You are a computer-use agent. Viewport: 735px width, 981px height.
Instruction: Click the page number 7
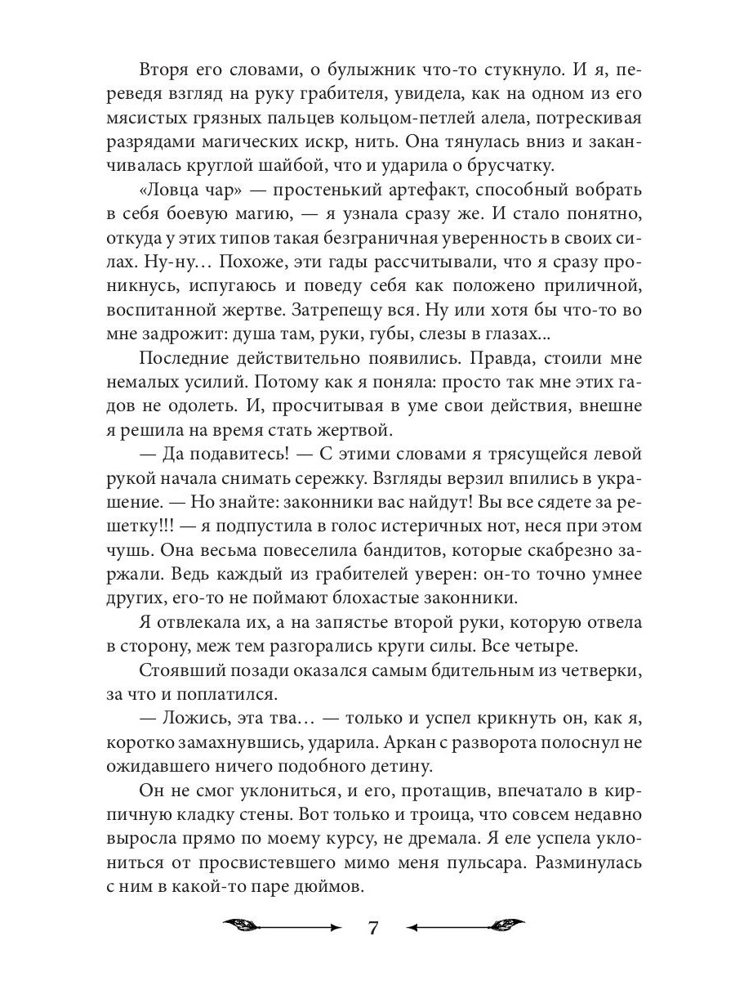coord(372,929)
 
